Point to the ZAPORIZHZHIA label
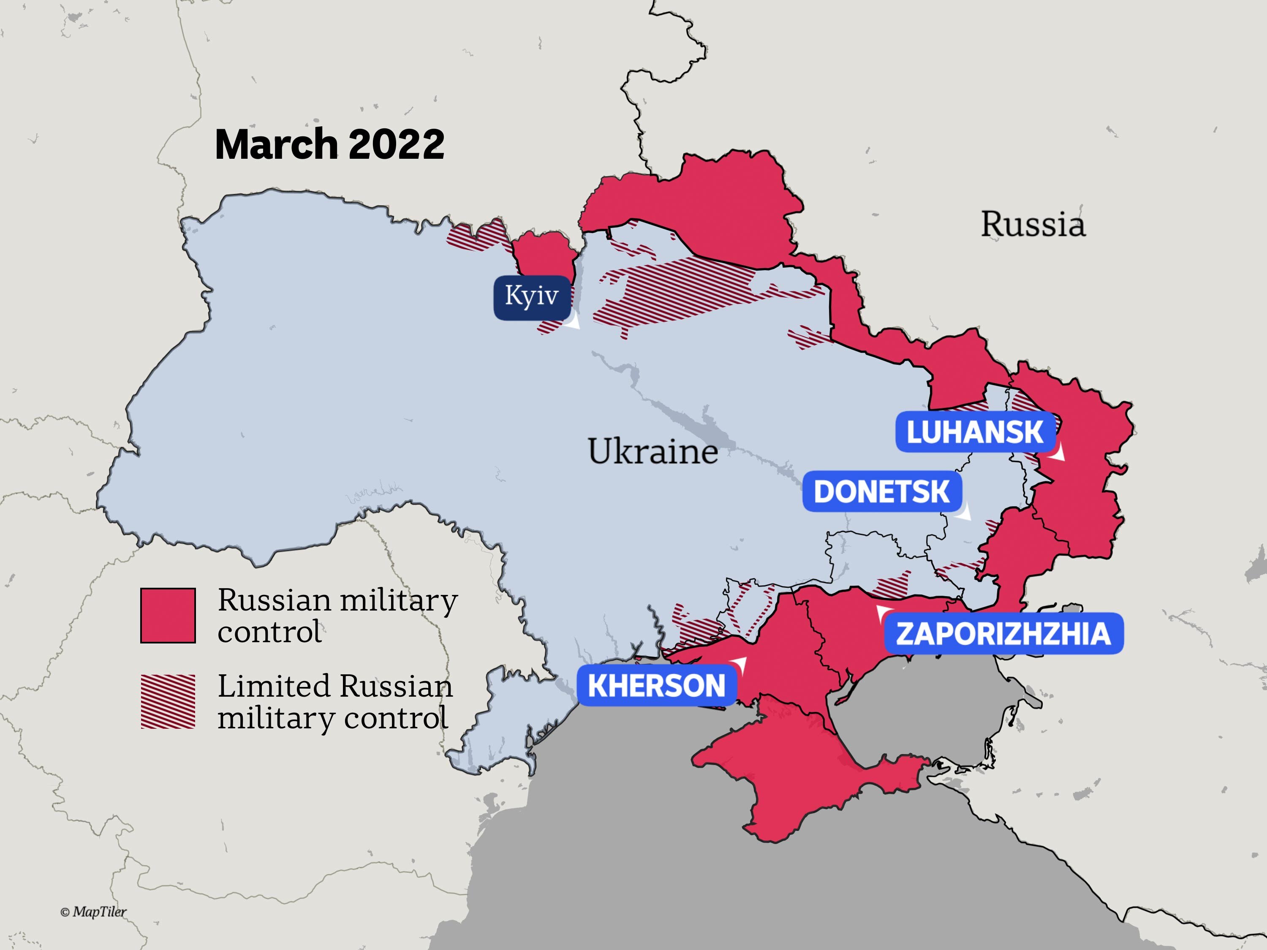pos(1003,634)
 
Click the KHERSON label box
pos(656,685)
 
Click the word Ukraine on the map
pos(653,451)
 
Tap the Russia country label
pos(1033,224)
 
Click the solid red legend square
pos(168,615)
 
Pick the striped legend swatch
pos(168,701)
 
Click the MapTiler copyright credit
pos(93,912)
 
